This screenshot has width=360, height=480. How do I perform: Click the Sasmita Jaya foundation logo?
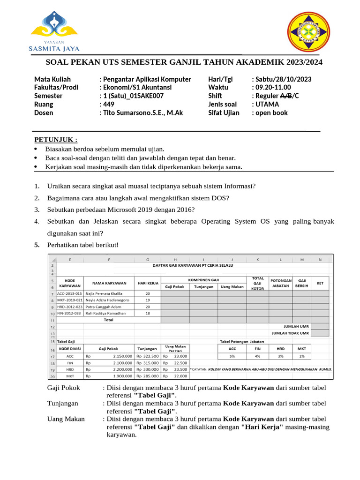[x=54, y=32]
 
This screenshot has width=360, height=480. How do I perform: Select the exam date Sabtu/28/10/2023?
[x=283, y=79]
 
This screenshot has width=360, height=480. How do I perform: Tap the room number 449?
[x=108, y=105]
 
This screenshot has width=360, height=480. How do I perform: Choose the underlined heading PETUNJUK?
[x=56, y=140]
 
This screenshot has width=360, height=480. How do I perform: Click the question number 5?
[x=37, y=245]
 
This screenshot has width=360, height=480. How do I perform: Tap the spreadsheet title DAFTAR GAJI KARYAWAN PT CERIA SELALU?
[x=193, y=265]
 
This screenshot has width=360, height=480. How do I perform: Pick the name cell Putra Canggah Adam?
[x=104, y=306]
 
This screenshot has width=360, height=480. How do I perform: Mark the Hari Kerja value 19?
[x=147, y=300]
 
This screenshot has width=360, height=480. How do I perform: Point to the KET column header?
[x=320, y=283]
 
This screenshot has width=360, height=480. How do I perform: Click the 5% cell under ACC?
[x=232, y=356]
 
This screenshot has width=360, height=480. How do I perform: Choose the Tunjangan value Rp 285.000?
[x=147, y=376]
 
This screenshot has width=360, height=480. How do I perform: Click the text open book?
[x=271, y=113]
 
